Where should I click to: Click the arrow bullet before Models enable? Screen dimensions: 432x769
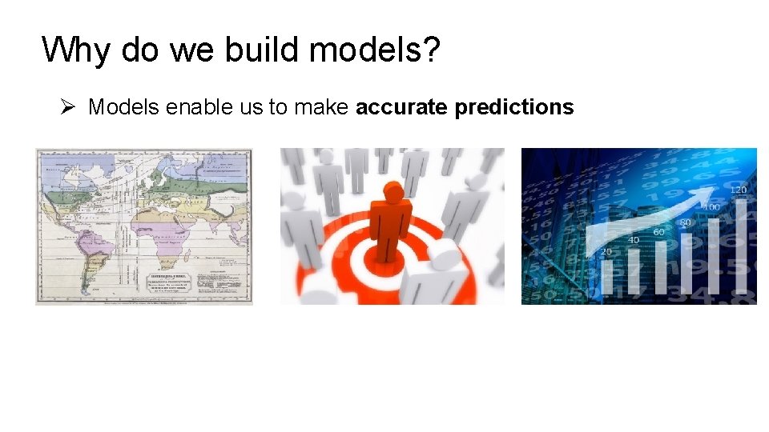pos(69,106)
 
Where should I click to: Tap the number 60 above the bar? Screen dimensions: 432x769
pos(658,232)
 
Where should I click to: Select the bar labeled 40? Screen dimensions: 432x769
pos(633,268)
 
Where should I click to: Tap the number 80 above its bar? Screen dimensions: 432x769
pos(686,222)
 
